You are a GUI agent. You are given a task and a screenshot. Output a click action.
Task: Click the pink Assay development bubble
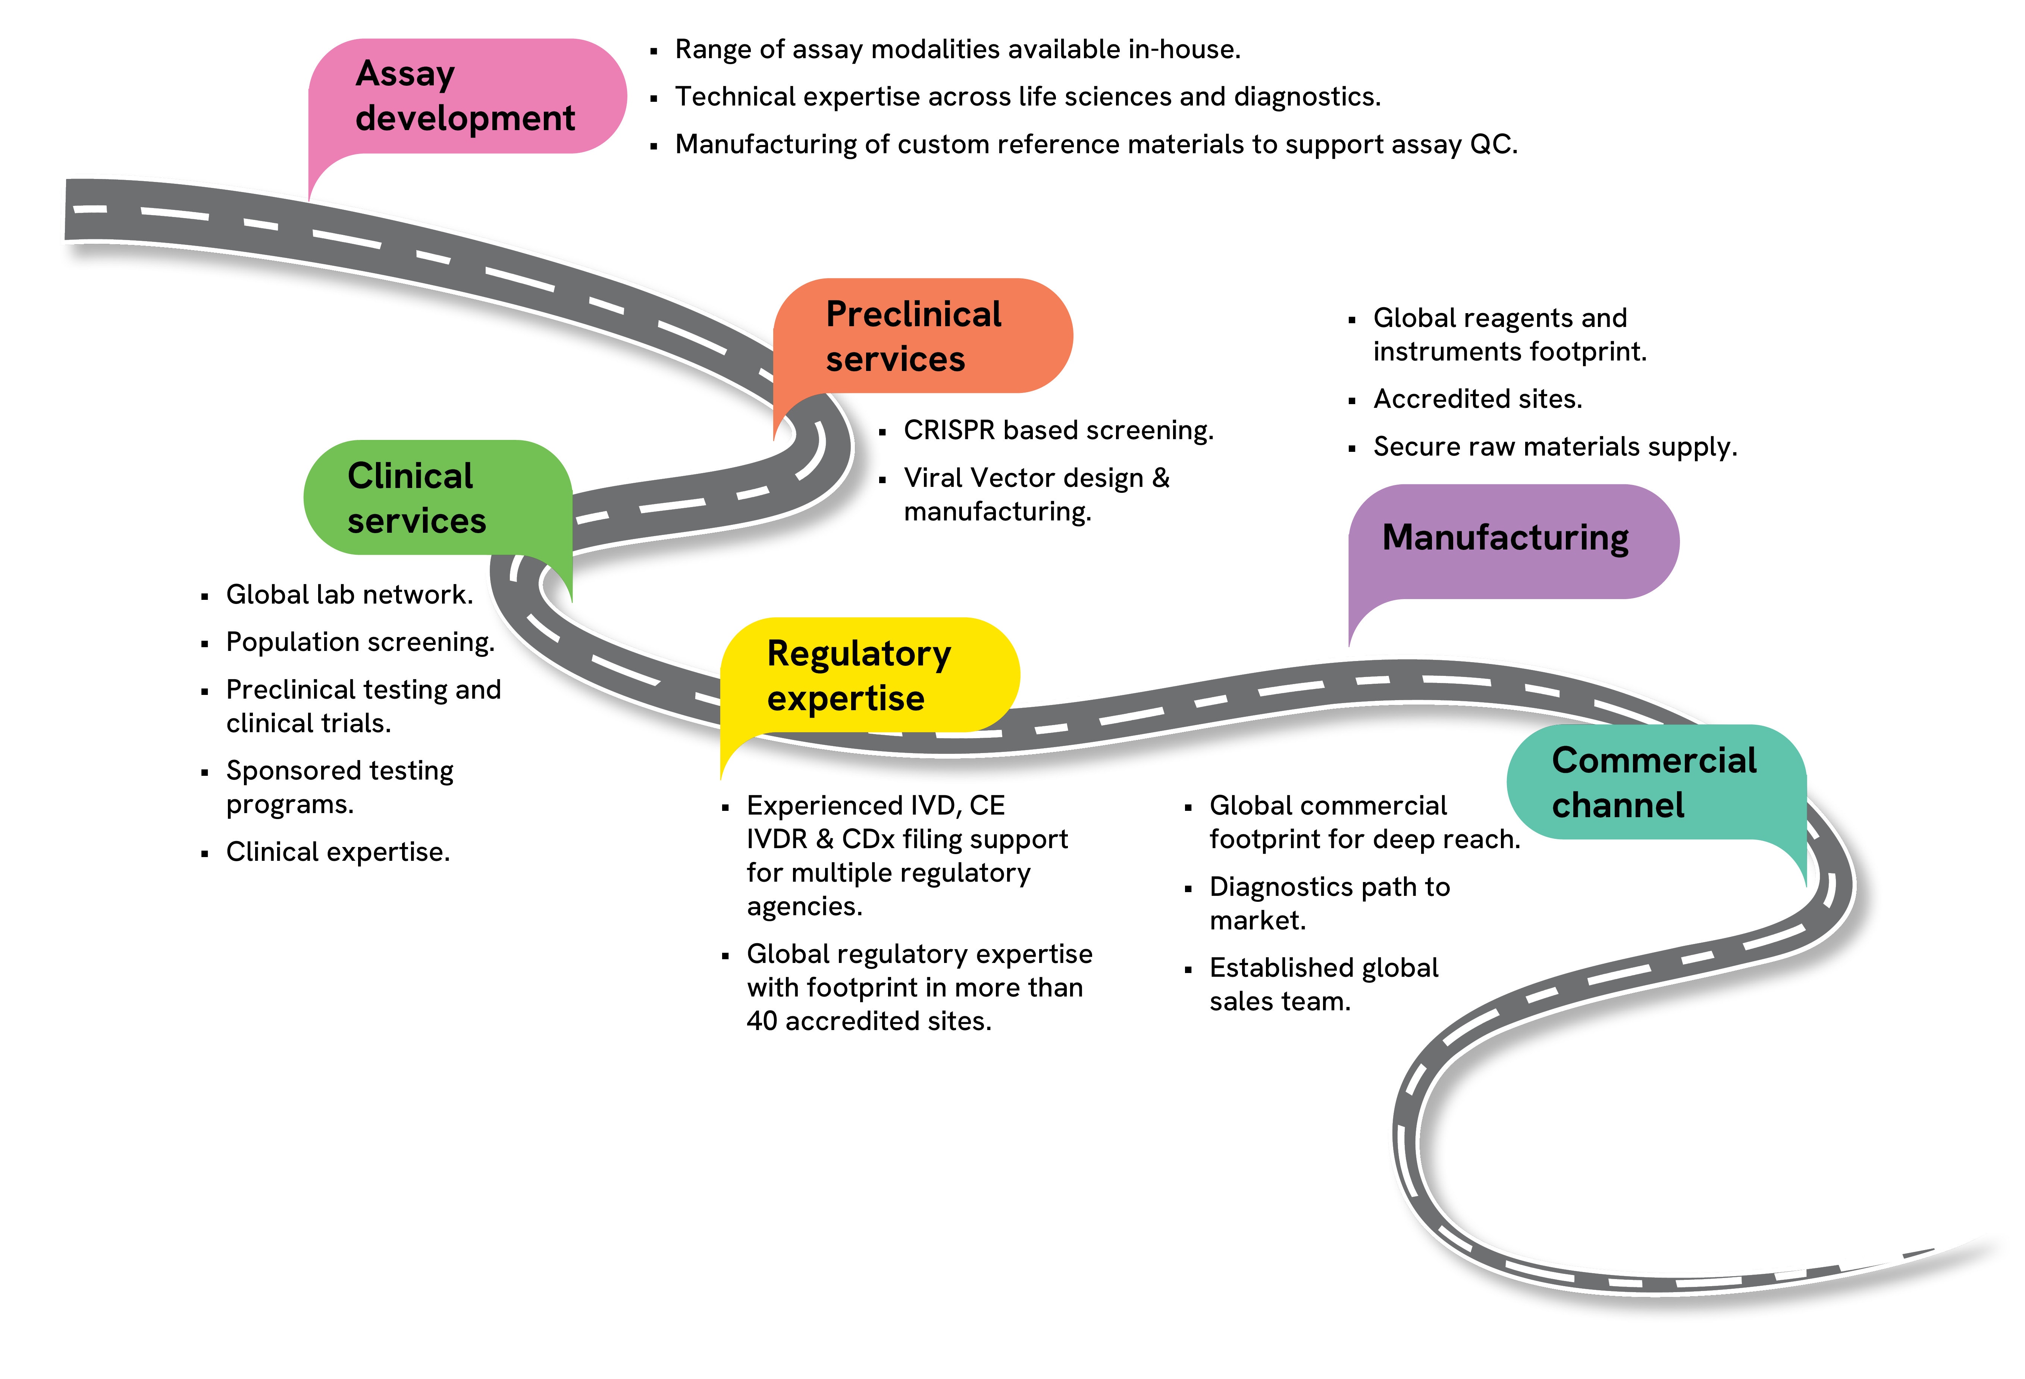[x=466, y=96]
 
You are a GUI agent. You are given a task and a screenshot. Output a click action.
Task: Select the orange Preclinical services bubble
[x=922, y=336]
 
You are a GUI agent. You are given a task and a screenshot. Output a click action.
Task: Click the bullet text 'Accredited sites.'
[x=1477, y=399]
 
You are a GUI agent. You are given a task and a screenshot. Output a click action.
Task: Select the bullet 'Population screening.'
[x=360, y=642]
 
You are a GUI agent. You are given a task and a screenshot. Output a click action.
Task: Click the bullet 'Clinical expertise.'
[x=338, y=852]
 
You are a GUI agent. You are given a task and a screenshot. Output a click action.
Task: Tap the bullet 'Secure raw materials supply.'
[x=1555, y=447]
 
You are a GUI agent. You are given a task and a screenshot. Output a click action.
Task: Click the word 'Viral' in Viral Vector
[x=932, y=478]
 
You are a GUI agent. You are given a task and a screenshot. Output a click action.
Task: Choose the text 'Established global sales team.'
[x=1323, y=984]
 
